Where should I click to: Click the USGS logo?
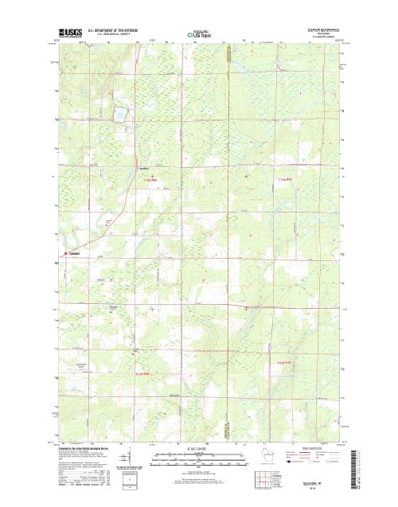pos(68,32)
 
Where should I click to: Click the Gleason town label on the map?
pos(76,254)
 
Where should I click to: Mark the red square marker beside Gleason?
pos(66,254)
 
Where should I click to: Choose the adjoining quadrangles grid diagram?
pos(260,480)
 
